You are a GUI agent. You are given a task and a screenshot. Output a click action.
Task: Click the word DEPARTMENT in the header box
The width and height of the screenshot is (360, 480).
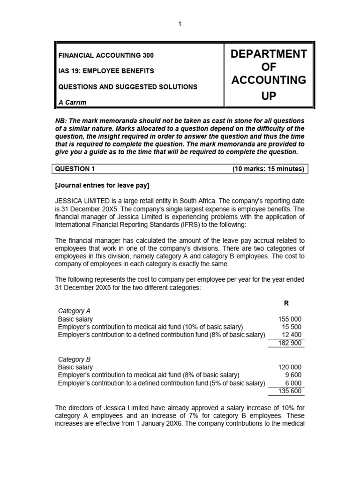[x=268, y=54]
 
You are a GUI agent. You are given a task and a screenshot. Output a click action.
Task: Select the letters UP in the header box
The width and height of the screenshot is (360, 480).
[x=268, y=96]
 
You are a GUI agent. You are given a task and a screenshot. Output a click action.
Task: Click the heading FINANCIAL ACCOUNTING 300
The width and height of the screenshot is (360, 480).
[x=105, y=55]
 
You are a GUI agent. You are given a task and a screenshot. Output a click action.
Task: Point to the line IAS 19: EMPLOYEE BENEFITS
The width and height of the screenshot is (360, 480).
[x=105, y=71]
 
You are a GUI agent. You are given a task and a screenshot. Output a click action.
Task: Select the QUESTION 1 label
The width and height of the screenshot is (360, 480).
[x=76, y=169]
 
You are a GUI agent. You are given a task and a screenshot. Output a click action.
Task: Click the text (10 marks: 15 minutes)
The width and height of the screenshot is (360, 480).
[x=268, y=169]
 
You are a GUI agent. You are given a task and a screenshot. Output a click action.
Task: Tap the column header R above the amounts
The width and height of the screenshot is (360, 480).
[x=293, y=303]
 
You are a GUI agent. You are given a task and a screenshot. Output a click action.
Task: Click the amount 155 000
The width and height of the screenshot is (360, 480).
[x=290, y=319]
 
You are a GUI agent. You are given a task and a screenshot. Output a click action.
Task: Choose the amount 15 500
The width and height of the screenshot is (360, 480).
[x=292, y=327]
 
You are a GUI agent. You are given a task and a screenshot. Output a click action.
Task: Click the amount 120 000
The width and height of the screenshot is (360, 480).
[x=290, y=367]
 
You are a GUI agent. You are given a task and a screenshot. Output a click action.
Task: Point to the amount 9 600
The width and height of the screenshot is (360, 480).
[x=294, y=375]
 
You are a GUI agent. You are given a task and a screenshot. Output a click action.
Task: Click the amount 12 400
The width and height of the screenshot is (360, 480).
[x=292, y=335]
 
